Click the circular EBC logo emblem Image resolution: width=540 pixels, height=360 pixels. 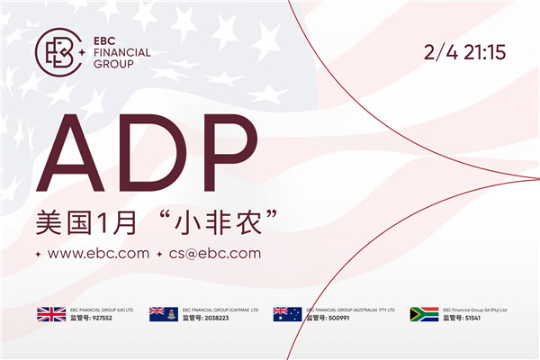(x=58, y=52)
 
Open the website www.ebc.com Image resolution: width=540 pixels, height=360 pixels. (x=98, y=253)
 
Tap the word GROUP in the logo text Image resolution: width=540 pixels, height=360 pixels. (x=113, y=65)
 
